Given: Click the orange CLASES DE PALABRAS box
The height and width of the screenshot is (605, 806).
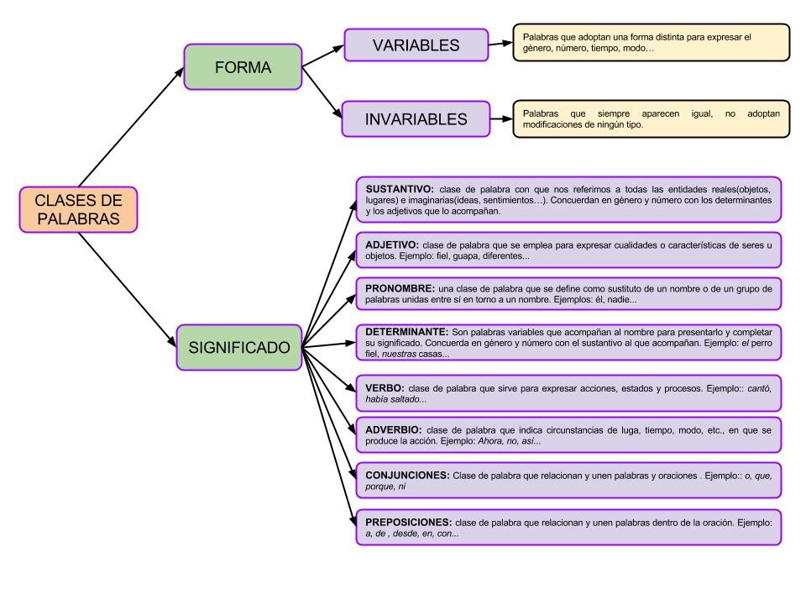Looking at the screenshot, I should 77,209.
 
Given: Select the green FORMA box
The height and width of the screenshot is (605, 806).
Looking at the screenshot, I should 243,67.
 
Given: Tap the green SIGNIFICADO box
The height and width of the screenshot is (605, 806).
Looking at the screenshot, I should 239,347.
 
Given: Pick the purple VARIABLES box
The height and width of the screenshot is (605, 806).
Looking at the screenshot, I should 416,45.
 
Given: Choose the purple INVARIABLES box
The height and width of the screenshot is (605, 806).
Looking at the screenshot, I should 416,119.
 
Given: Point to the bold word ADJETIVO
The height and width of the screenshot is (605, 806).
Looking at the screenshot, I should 393,245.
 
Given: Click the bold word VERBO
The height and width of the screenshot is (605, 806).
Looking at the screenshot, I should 385,388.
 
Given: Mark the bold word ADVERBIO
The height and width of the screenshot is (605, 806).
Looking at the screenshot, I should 393,429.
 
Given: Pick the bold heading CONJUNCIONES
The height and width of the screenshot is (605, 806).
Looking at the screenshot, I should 407,476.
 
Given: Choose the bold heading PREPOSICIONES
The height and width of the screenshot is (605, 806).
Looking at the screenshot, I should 409,522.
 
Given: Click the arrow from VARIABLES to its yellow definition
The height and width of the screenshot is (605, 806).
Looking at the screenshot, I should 500,45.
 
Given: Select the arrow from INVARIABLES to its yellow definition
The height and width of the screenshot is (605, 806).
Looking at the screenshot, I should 500,119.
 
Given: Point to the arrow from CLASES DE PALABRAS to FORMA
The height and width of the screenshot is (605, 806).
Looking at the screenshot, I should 130,127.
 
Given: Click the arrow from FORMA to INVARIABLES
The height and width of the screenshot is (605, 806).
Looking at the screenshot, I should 322,92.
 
